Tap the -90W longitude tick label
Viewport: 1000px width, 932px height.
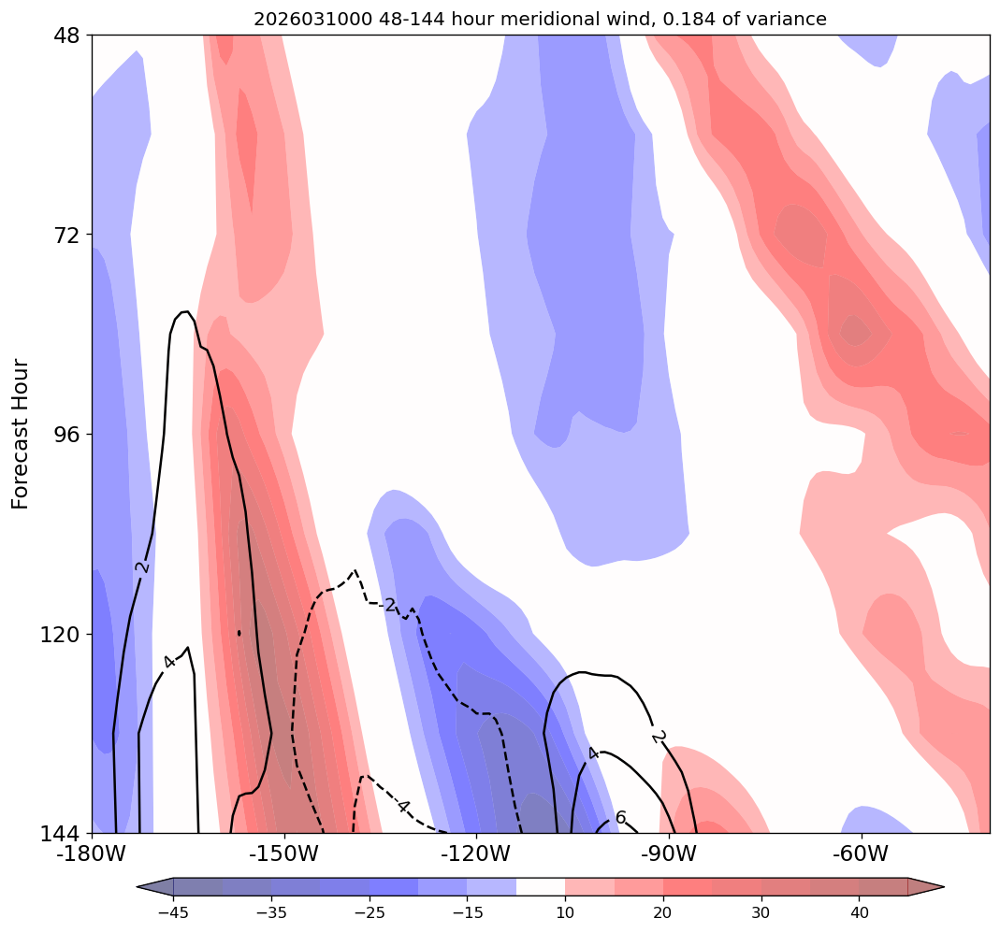669,854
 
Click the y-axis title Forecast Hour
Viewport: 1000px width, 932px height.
21,434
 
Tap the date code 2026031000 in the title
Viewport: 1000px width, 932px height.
301,20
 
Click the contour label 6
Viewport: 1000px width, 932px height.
620,818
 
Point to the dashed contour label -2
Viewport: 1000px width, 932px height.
390,605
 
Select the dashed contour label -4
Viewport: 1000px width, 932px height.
402,805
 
